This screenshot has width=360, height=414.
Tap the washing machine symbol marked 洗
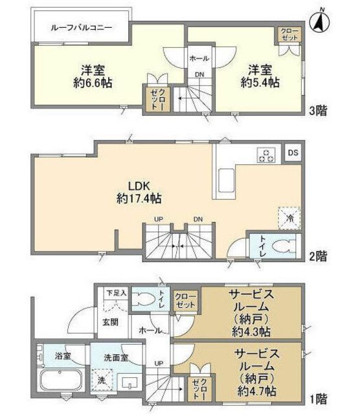[100, 380]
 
